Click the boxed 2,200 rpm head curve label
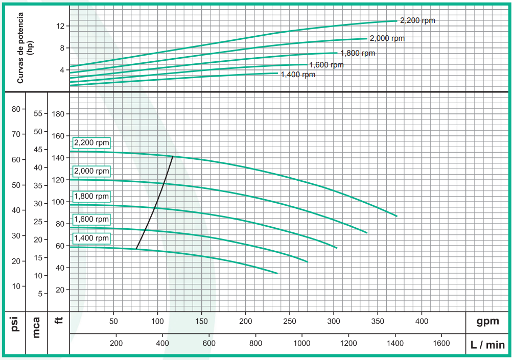pyautogui.click(x=91, y=143)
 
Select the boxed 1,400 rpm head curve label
pyautogui.click(x=91, y=238)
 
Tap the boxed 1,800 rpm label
pyautogui.click(x=91, y=196)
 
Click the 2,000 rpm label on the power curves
pyautogui.click(x=387, y=38)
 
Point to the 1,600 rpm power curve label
pyautogui.click(x=326, y=65)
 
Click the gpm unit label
pyautogui.click(x=487, y=321)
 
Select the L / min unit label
pyautogui.click(x=487, y=345)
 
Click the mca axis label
pyautogui.click(x=36, y=327)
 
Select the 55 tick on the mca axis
pyautogui.click(x=37, y=114)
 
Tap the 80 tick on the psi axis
pyautogui.click(x=15, y=109)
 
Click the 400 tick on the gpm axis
pyautogui.click(x=422, y=321)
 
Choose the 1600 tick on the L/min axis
pyautogui.click(x=441, y=344)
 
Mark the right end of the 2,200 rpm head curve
pyautogui.click(x=396, y=216)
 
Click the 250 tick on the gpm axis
pyautogui.click(x=290, y=321)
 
